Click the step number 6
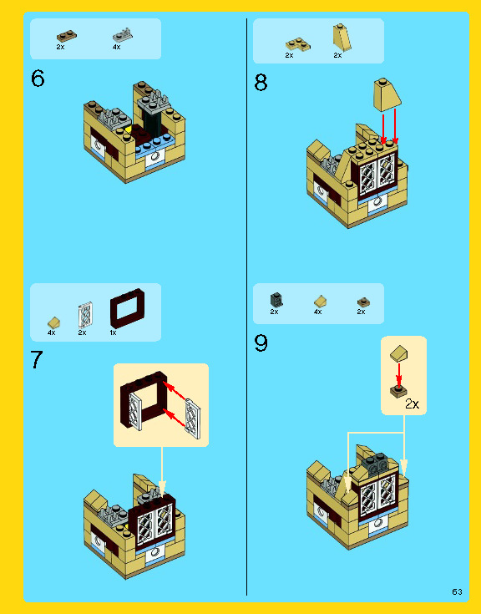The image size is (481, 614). click(38, 79)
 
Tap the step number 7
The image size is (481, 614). click(37, 360)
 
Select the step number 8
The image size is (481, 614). click(261, 83)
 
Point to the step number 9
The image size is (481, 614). click(261, 343)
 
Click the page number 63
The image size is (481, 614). click(457, 591)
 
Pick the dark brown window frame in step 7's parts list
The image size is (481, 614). click(127, 308)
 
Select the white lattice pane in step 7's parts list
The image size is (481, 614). click(85, 314)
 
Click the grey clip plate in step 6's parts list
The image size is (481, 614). click(123, 36)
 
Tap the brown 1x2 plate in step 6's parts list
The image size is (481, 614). click(67, 37)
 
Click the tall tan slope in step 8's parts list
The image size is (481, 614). click(342, 38)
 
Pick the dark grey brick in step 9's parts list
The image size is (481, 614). click(276, 300)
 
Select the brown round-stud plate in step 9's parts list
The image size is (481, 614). click(363, 302)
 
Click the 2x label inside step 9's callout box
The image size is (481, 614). click(413, 403)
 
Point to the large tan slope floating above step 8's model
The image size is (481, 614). click(387, 94)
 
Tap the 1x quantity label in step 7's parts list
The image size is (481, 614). click(113, 332)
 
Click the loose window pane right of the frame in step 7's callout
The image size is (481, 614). click(193, 419)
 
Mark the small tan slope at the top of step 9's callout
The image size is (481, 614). click(399, 353)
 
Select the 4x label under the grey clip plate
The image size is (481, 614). click(117, 47)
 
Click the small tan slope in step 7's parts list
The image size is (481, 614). click(53, 322)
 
